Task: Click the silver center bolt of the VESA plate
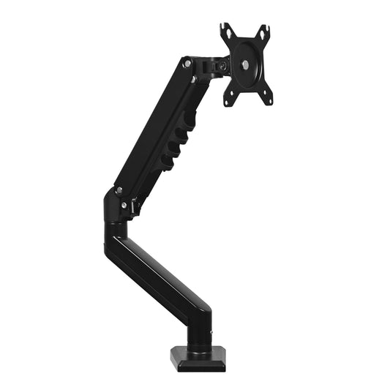click(x=244, y=65)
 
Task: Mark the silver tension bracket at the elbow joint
click(x=135, y=208)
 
